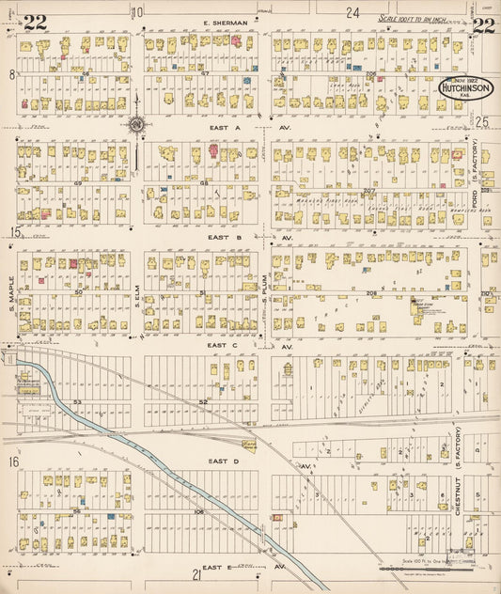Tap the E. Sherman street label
[225, 23]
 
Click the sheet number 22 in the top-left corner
[36, 23]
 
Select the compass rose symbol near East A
[136, 124]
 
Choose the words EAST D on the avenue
[224, 461]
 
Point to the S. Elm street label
[136, 296]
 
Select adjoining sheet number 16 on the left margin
[13, 461]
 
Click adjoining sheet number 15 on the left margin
[13, 232]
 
